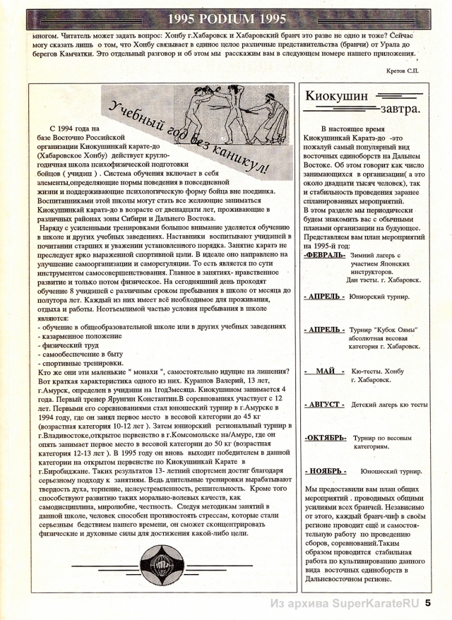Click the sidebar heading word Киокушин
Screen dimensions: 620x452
pos(334,97)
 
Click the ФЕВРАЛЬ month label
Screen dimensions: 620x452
pos(324,255)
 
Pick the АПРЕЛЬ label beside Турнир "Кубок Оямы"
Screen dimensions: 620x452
pos(324,330)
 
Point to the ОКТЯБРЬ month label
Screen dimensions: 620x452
pos(325,438)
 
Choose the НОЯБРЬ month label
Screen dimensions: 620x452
pos(324,470)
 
